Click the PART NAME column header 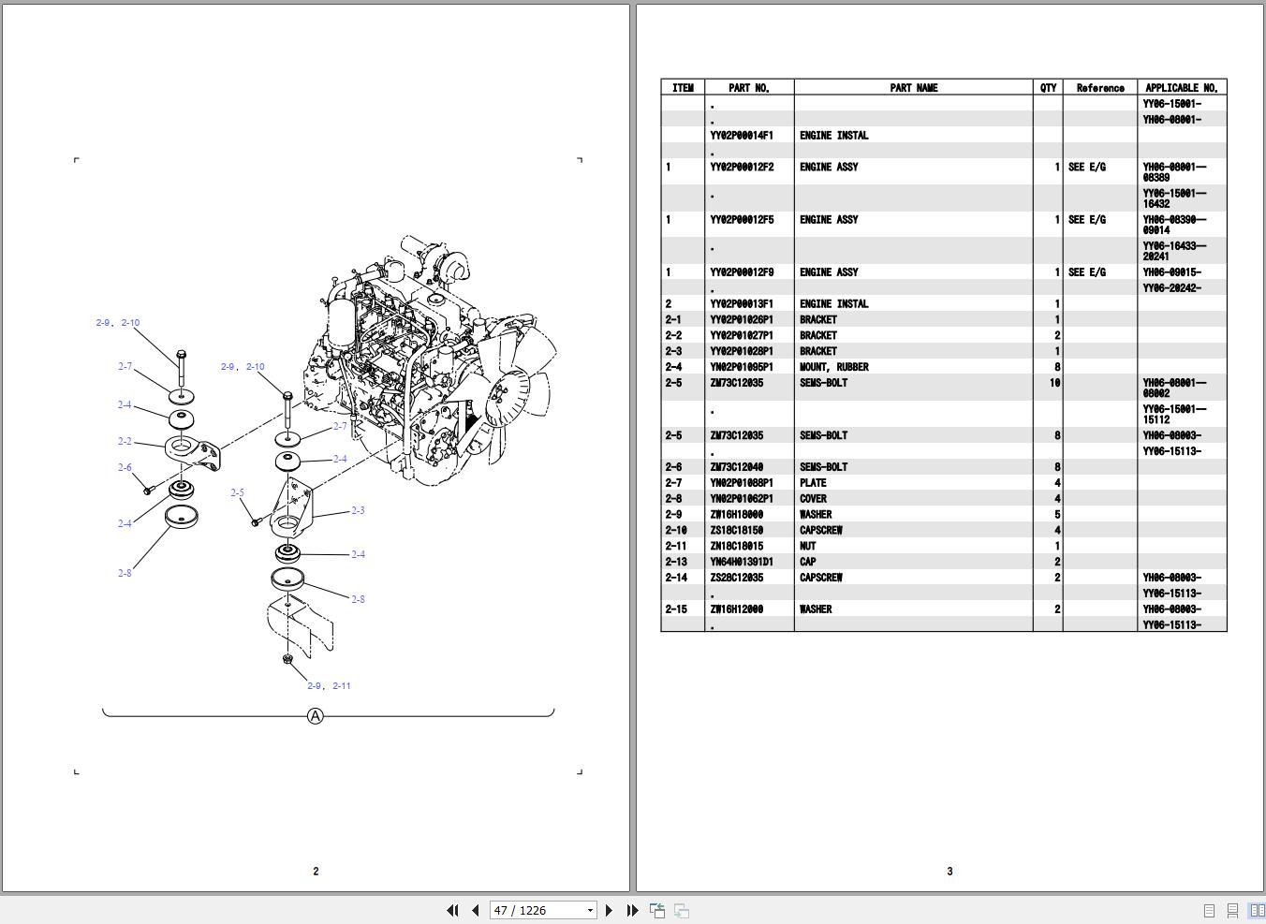[x=913, y=88]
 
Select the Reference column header [x=1099, y=88]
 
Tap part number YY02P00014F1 [x=742, y=136]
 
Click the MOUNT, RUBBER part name [x=833, y=367]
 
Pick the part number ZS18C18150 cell [x=736, y=530]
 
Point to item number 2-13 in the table [x=675, y=562]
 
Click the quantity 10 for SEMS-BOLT [x=1054, y=383]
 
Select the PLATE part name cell [x=813, y=483]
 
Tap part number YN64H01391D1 [x=742, y=562]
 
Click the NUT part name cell [x=807, y=546]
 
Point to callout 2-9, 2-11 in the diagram [x=329, y=685]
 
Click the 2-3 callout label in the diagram [x=358, y=510]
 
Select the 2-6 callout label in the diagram [x=125, y=467]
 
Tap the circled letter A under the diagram [x=316, y=716]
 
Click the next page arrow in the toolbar [x=610, y=910]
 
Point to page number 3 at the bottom [x=949, y=871]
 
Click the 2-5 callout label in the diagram [x=237, y=492]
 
